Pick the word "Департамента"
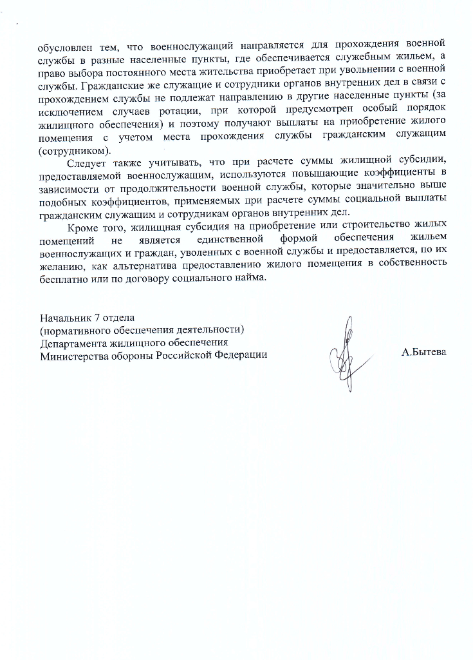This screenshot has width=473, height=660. [x=72, y=342]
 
